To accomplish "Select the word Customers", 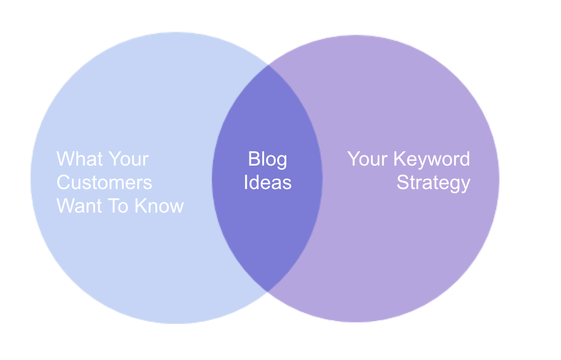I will coord(104,183).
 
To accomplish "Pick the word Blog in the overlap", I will coord(267,159).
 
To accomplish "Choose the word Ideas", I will coord(267,183).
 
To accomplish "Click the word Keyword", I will coord(432,159).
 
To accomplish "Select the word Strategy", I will coord(433,183).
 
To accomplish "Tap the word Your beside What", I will coord(129,159).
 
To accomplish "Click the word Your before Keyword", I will coord(368,159).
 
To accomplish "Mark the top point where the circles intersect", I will coord(267,67).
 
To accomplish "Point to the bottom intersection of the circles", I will coord(267,291).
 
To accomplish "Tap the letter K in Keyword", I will coord(400,159).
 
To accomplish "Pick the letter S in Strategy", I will coord(402,183).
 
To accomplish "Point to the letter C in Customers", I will coord(64,183).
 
